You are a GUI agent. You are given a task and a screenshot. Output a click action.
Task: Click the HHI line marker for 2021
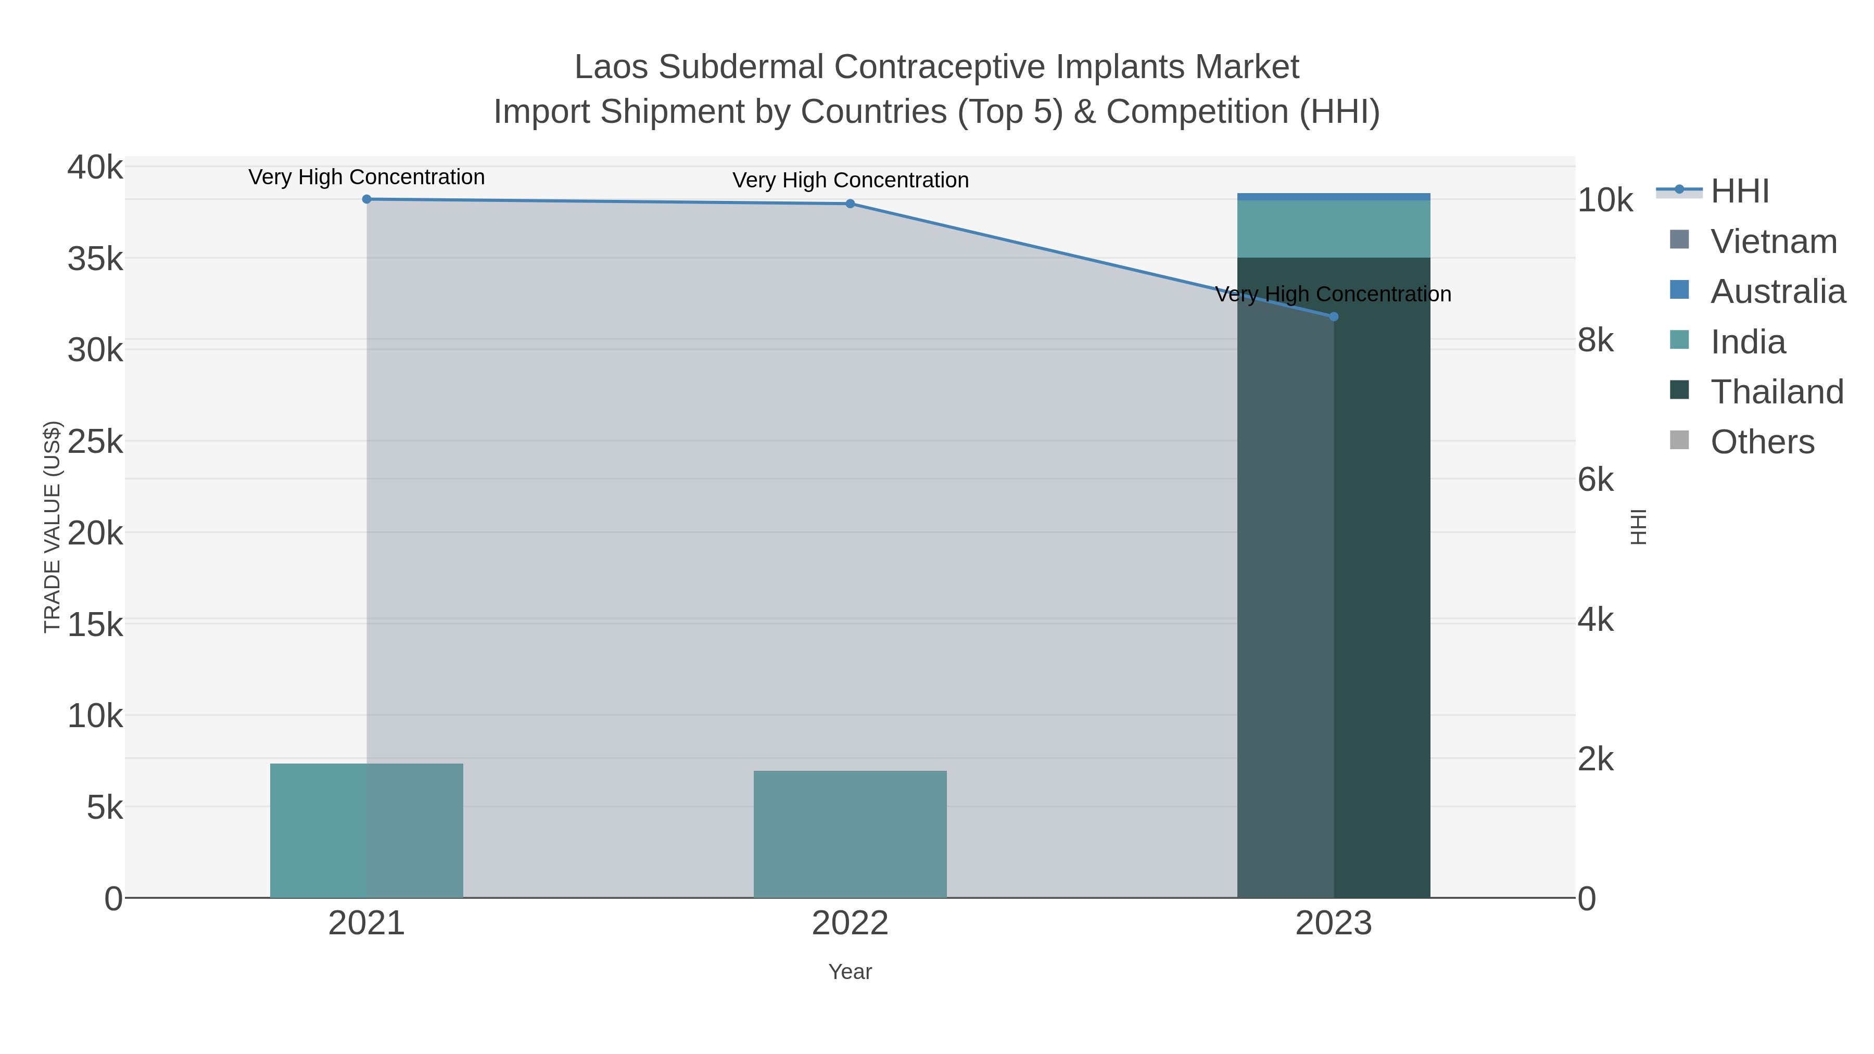tap(366, 199)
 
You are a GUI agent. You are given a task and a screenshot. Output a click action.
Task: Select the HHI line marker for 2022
tap(850, 204)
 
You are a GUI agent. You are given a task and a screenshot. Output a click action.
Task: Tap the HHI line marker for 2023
tap(1334, 316)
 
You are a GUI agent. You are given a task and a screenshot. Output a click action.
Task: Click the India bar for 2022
tap(850, 834)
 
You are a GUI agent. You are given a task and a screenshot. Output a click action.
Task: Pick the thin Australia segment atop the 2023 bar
tap(1334, 196)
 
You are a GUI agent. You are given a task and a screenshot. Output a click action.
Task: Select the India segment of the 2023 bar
tap(1334, 228)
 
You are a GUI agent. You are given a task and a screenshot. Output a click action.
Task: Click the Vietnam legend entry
tap(1773, 242)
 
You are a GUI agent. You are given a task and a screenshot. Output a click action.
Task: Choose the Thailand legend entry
tap(1777, 392)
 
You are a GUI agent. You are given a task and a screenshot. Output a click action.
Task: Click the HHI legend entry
tap(1739, 192)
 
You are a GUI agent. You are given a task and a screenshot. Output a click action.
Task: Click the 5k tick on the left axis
tap(105, 807)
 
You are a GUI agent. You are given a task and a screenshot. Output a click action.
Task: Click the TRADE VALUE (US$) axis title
tap(53, 527)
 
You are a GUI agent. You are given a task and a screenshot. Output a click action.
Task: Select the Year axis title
tap(850, 972)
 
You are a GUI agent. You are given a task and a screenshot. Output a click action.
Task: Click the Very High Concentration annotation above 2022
tap(850, 181)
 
